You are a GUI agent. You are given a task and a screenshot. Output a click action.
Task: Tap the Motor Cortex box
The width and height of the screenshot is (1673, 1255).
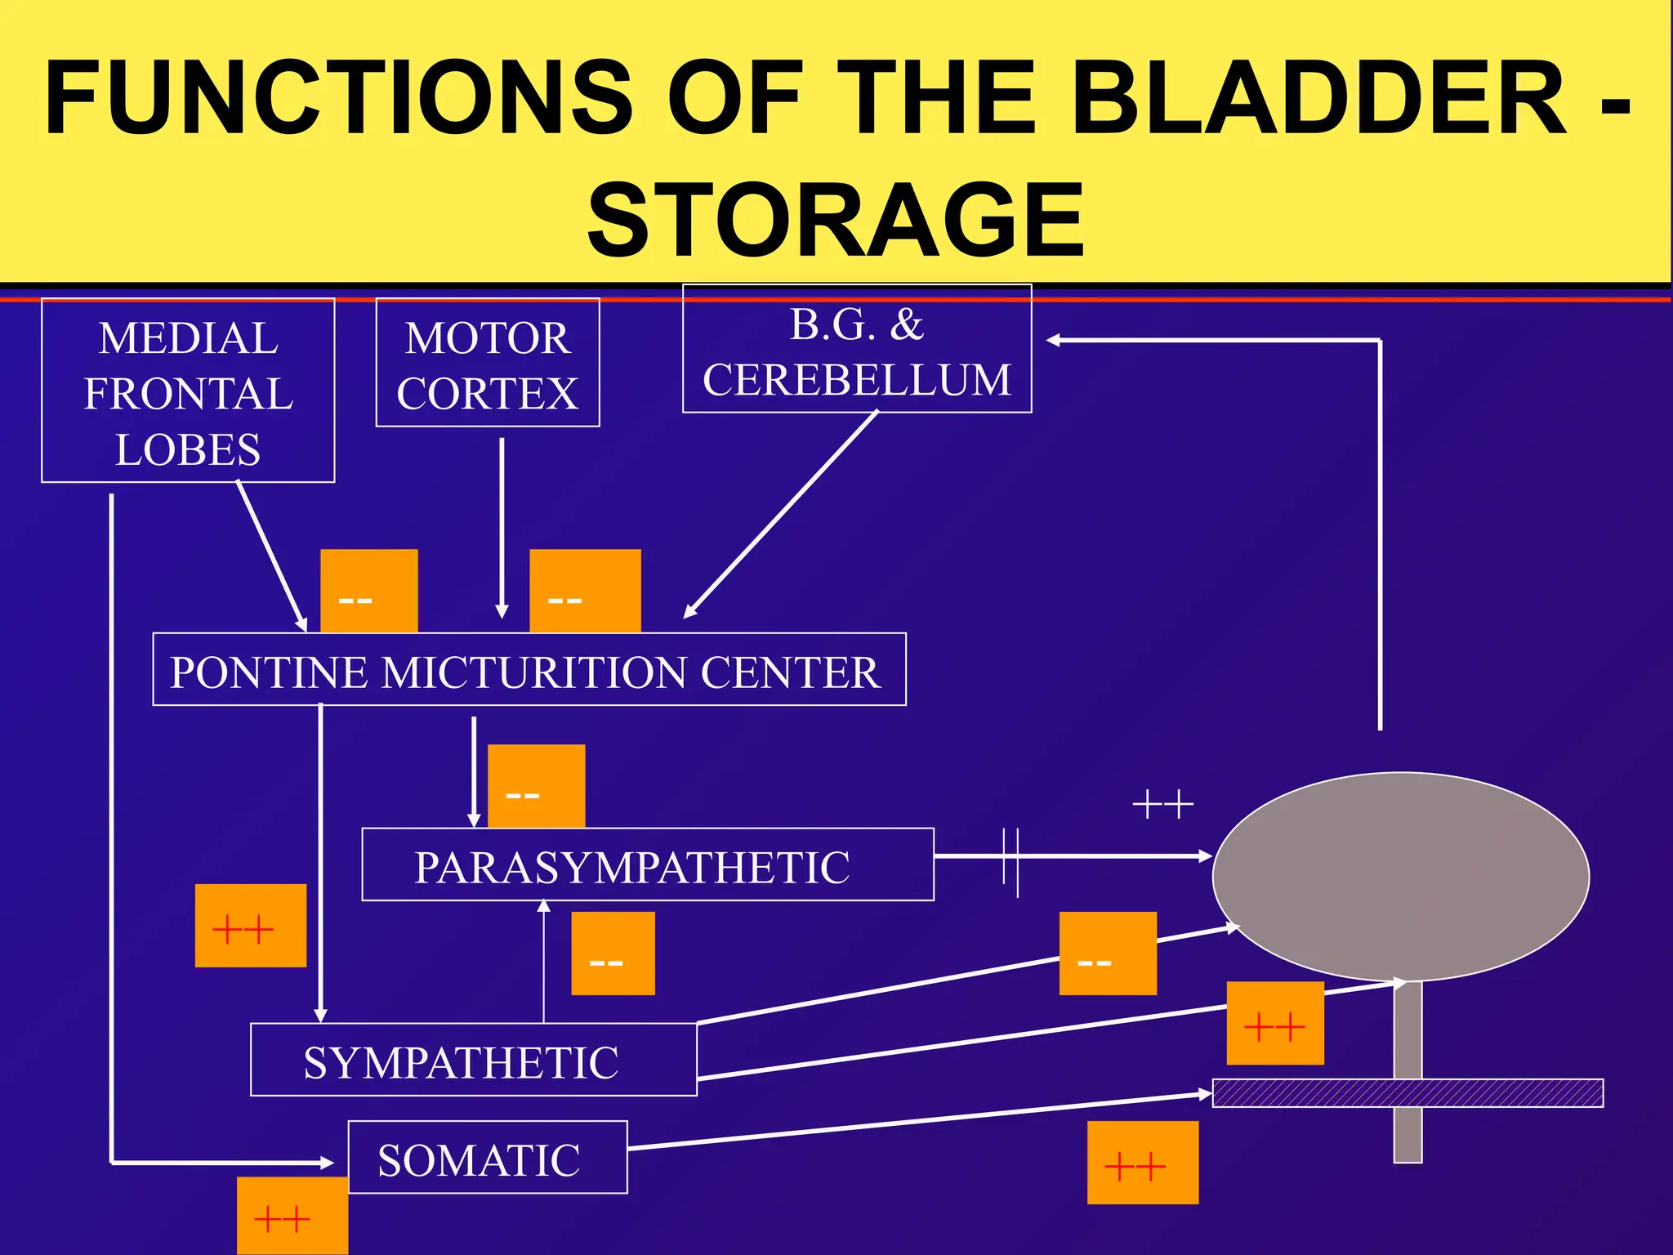pos(488,364)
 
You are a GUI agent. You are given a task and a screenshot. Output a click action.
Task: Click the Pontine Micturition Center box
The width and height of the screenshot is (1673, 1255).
pos(529,670)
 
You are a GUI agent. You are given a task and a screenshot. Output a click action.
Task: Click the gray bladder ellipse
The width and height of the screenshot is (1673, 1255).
pos(1400,876)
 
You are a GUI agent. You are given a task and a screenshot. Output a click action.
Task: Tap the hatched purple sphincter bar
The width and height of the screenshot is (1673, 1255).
pos(1407,1093)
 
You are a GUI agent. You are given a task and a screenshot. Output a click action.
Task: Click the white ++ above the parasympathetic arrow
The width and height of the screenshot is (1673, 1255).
pos(1162,806)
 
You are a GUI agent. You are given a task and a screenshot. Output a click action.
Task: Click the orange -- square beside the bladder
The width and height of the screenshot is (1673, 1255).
pos(1107,954)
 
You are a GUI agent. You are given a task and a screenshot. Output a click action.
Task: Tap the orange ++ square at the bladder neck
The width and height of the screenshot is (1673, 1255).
pos(1274,1024)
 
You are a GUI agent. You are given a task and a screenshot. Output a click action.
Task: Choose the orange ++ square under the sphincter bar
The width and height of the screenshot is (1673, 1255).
pos(1142,1163)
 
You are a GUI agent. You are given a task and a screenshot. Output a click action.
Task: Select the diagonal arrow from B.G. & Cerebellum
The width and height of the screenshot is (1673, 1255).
pos(780,515)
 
